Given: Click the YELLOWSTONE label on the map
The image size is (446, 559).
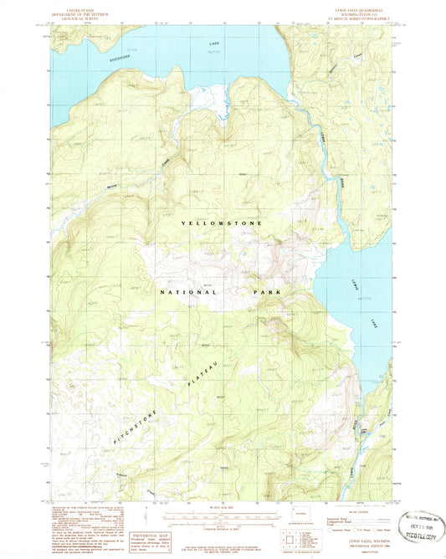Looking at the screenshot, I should tap(223, 224).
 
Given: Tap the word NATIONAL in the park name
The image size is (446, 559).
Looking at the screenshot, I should tap(188, 292).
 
